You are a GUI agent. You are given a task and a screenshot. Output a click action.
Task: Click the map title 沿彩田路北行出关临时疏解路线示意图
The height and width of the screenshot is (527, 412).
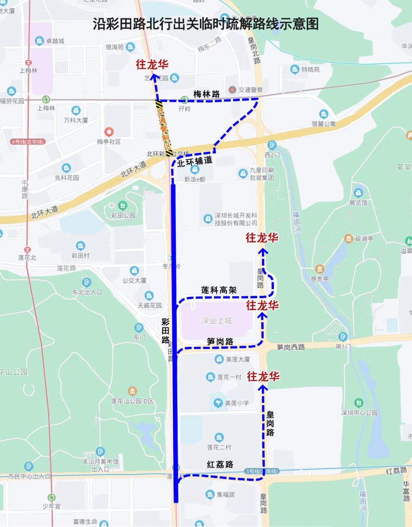(x=206, y=24)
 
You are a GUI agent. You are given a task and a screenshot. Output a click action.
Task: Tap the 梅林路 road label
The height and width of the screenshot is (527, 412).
(x=206, y=94)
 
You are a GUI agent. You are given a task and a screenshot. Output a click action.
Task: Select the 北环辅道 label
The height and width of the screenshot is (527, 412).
(x=195, y=162)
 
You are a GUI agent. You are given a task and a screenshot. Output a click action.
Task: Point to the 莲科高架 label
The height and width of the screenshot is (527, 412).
(x=219, y=290)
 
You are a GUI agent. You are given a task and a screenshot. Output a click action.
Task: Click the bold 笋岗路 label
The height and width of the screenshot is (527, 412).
(x=220, y=341)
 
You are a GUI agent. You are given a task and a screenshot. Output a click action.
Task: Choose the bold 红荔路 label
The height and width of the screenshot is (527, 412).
(x=220, y=464)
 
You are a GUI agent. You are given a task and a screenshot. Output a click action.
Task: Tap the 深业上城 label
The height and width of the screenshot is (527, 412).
(x=217, y=321)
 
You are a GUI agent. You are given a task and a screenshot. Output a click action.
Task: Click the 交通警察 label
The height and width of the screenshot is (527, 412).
(x=251, y=90)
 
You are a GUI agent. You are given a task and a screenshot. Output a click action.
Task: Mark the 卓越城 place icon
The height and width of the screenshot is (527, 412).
(x=39, y=41)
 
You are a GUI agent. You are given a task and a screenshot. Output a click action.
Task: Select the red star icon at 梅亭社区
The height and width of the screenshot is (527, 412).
(x=109, y=132)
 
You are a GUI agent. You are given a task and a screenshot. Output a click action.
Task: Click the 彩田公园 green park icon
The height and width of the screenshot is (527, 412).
(x=122, y=206)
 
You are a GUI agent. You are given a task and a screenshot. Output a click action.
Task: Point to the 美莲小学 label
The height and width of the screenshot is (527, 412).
(x=237, y=403)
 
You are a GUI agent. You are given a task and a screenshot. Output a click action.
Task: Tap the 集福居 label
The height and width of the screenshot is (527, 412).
(x=225, y=495)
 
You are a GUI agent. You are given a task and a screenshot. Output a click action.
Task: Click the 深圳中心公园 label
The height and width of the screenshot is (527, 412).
(x=359, y=412)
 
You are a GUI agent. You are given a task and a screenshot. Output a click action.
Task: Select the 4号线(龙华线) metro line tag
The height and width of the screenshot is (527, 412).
(x=28, y=142)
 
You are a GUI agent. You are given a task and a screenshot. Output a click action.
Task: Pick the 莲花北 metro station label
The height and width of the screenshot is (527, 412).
(x=27, y=257)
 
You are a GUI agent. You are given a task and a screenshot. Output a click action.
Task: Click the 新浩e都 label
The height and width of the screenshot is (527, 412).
(x=195, y=179)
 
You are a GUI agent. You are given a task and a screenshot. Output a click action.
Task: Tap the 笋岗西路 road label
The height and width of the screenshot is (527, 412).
(x=291, y=347)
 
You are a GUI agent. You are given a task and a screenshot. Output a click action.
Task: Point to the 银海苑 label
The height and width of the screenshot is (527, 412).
(x=114, y=47)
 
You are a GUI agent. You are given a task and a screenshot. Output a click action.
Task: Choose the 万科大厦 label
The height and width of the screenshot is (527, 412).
(x=76, y=120)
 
